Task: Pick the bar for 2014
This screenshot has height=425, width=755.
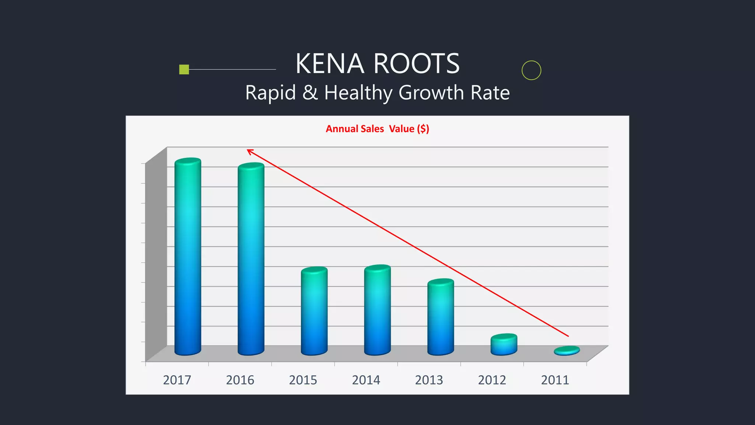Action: [x=377, y=310]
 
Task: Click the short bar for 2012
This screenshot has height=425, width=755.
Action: [x=504, y=345]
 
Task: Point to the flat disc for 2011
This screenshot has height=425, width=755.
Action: [x=567, y=350]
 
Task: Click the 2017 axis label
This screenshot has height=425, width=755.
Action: [x=177, y=380]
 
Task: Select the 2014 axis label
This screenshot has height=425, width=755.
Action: [x=366, y=380]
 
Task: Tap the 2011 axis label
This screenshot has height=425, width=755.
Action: [x=555, y=380]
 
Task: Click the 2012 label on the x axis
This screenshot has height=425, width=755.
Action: [x=492, y=380]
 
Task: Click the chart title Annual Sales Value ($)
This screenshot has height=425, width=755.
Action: [x=377, y=129]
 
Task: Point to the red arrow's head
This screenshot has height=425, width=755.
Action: [x=249, y=151]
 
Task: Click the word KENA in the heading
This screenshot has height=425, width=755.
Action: [x=330, y=64]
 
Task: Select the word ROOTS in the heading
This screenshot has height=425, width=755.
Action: [x=417, y=64]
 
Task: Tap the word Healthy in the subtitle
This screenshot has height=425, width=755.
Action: [x=358, y=93]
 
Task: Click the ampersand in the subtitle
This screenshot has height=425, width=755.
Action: [x=310, y=93]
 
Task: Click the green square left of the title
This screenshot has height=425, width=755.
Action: [x=184, y=69]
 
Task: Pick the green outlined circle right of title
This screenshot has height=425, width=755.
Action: [x=531, y=70]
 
